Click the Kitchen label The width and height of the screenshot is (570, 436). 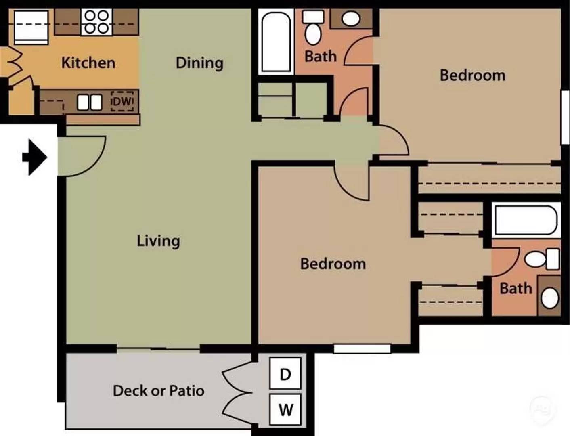(88, 63)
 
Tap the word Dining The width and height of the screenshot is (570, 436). (199, 63)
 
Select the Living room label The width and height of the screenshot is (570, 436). (158, 241)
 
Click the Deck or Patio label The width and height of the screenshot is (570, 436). (158, 390)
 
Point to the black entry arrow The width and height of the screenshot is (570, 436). (35, 157)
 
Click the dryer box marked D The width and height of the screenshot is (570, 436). (285, 373)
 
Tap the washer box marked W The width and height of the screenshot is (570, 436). (285, 409)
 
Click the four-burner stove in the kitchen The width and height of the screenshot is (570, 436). (96, 22)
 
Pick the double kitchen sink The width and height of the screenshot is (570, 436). (90, 102)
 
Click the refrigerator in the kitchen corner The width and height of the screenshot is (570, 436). (31, 27)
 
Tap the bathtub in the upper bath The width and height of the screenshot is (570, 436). (276, 42)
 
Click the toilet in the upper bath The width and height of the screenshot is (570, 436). (313, 27)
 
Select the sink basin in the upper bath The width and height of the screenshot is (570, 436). (351, 19)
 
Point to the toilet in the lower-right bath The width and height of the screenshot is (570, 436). (542, 259)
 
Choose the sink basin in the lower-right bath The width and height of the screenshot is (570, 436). (550, 299)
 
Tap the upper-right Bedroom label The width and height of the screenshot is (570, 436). (473, 75)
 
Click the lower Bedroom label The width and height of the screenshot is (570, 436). (333, 264)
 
